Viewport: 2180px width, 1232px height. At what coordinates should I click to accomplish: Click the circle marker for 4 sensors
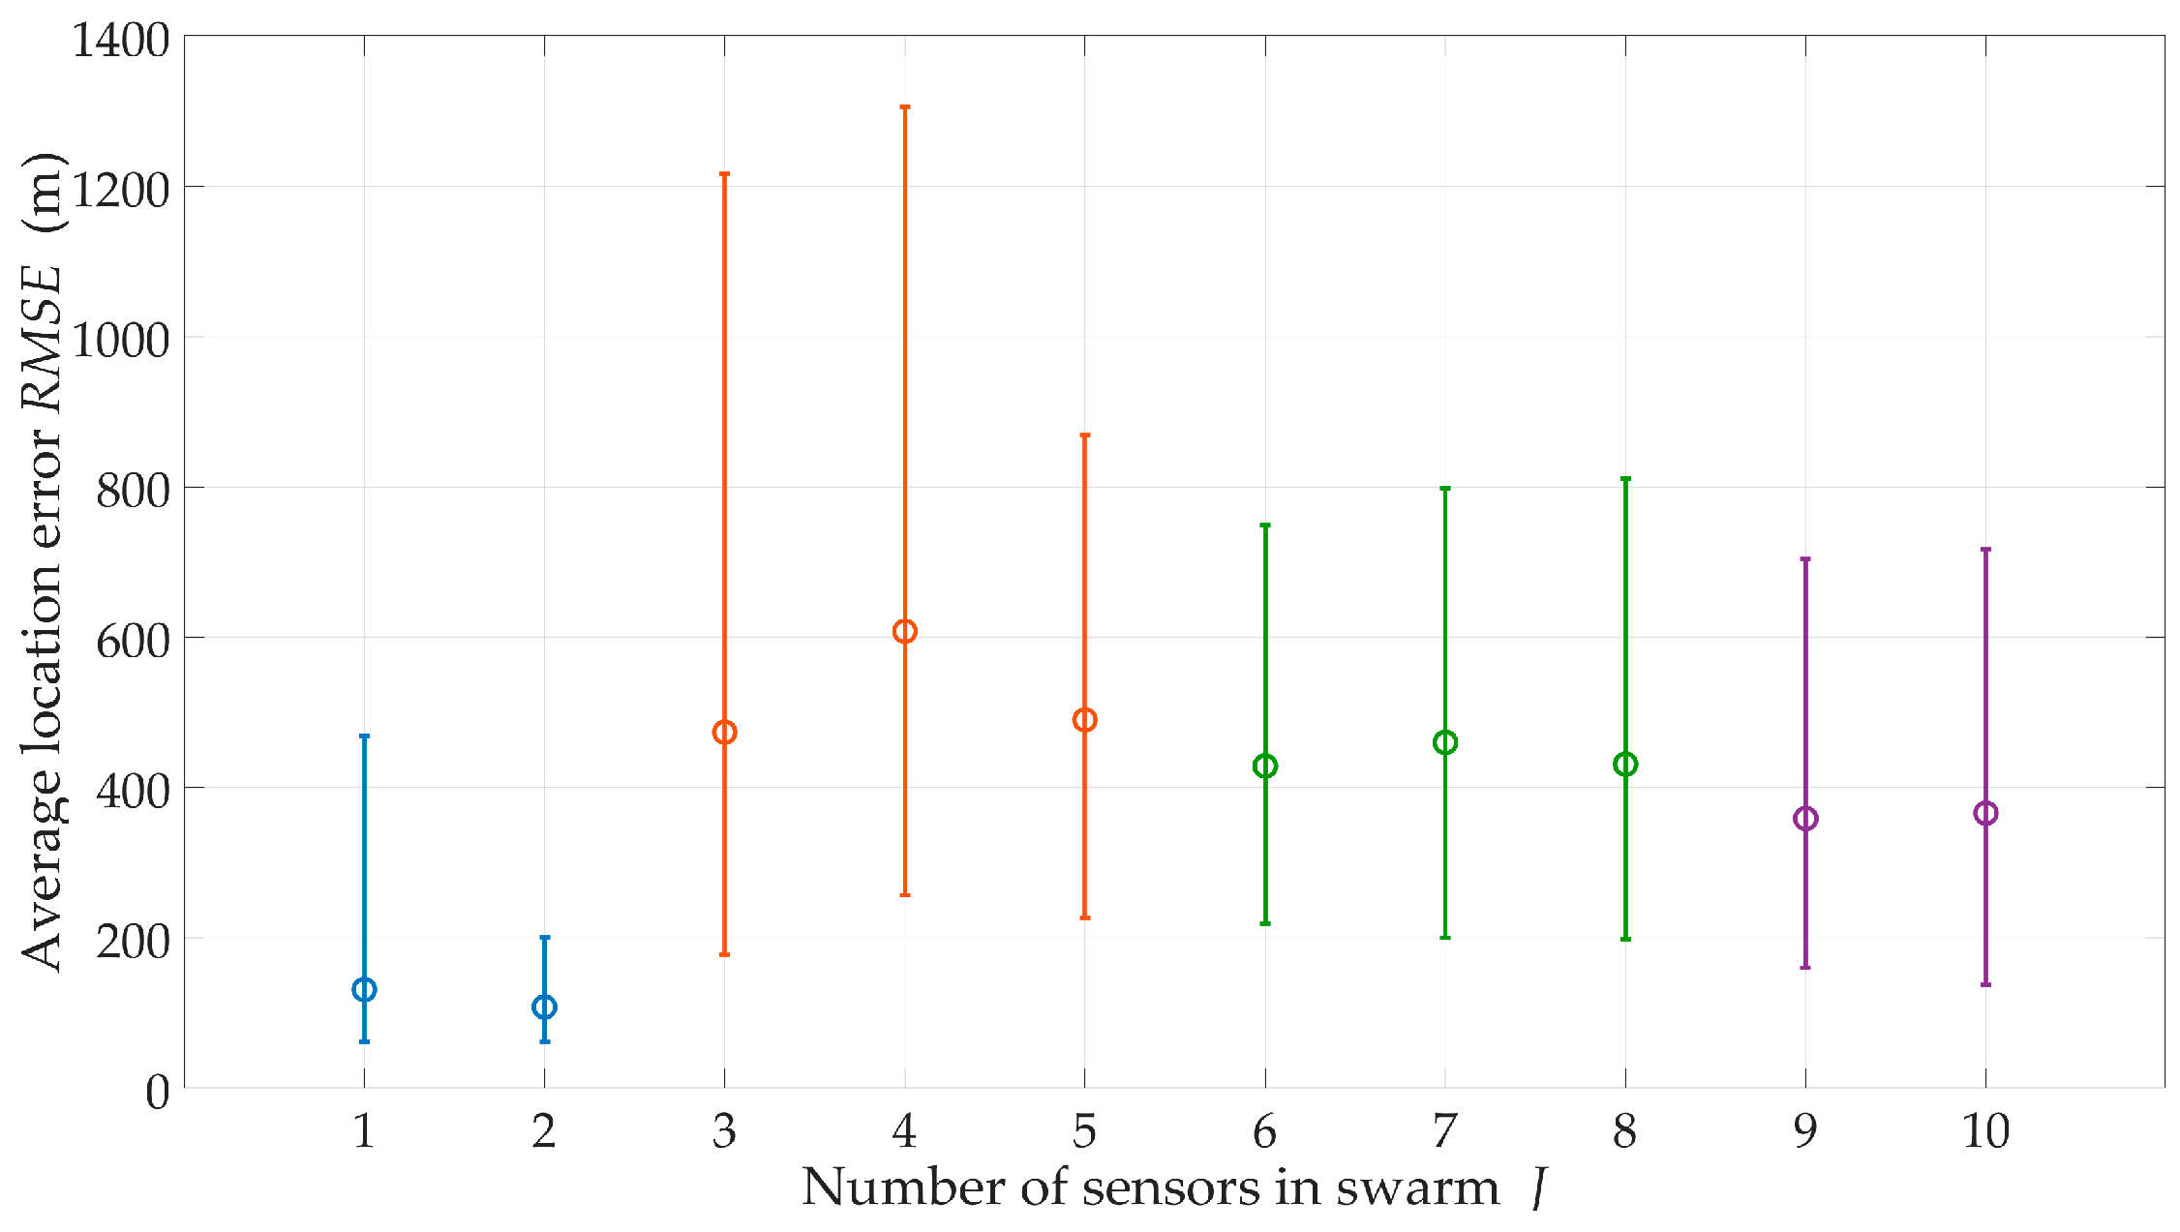[x=904, y=632]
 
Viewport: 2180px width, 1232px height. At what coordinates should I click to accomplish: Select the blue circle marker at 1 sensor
[x=364, y=990]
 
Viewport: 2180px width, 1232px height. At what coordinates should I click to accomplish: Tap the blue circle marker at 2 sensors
[x=544, y=1007]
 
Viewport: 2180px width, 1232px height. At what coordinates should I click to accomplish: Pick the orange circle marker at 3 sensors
[x=724, y=733]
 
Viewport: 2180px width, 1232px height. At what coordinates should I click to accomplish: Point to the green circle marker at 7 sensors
[x=1444, y=743]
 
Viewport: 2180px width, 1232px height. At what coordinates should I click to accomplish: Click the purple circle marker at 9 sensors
[x=1805, y=819]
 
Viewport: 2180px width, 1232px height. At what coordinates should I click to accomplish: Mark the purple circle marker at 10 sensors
[x=1985, y=814]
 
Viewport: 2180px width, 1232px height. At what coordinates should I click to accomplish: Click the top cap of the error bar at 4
[x=904, y=107]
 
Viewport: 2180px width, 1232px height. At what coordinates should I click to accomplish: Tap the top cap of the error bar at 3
[x=724, y=174]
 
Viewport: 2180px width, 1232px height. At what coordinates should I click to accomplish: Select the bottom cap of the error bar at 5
[x=1084, y=917]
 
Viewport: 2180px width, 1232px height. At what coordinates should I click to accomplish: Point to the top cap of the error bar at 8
[x=1625, y=479]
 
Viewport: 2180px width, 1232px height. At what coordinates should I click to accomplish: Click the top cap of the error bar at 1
[x=364, y=736]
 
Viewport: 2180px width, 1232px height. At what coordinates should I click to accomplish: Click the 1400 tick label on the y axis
[x=121, y=41]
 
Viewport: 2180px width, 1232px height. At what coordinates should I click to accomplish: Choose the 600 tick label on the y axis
[x=133, y=640]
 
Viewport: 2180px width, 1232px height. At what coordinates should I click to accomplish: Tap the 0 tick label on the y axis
[x=158, y=1093]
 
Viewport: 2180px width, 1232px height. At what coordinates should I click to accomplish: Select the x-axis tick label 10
[x=1985, y=1131]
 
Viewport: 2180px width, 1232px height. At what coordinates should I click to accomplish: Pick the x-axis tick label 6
[x=1264, y=1131]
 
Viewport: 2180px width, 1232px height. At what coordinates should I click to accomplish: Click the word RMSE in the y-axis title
[x=43, y=340]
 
